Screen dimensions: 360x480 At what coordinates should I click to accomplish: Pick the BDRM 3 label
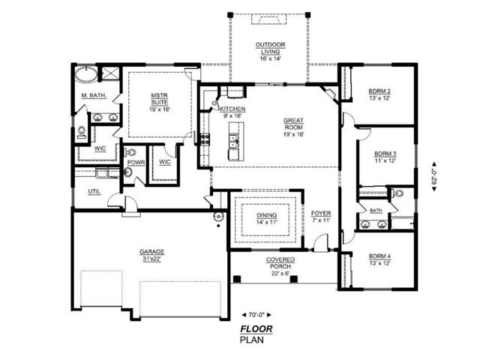[385, 157]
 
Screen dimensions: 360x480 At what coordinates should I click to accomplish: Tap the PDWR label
[136, 163]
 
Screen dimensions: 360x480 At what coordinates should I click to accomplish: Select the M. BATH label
[93, 95]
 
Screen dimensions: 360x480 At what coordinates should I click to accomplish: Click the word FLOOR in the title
[256, 328]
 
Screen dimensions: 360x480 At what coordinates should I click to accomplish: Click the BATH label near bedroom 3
[375, 211]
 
